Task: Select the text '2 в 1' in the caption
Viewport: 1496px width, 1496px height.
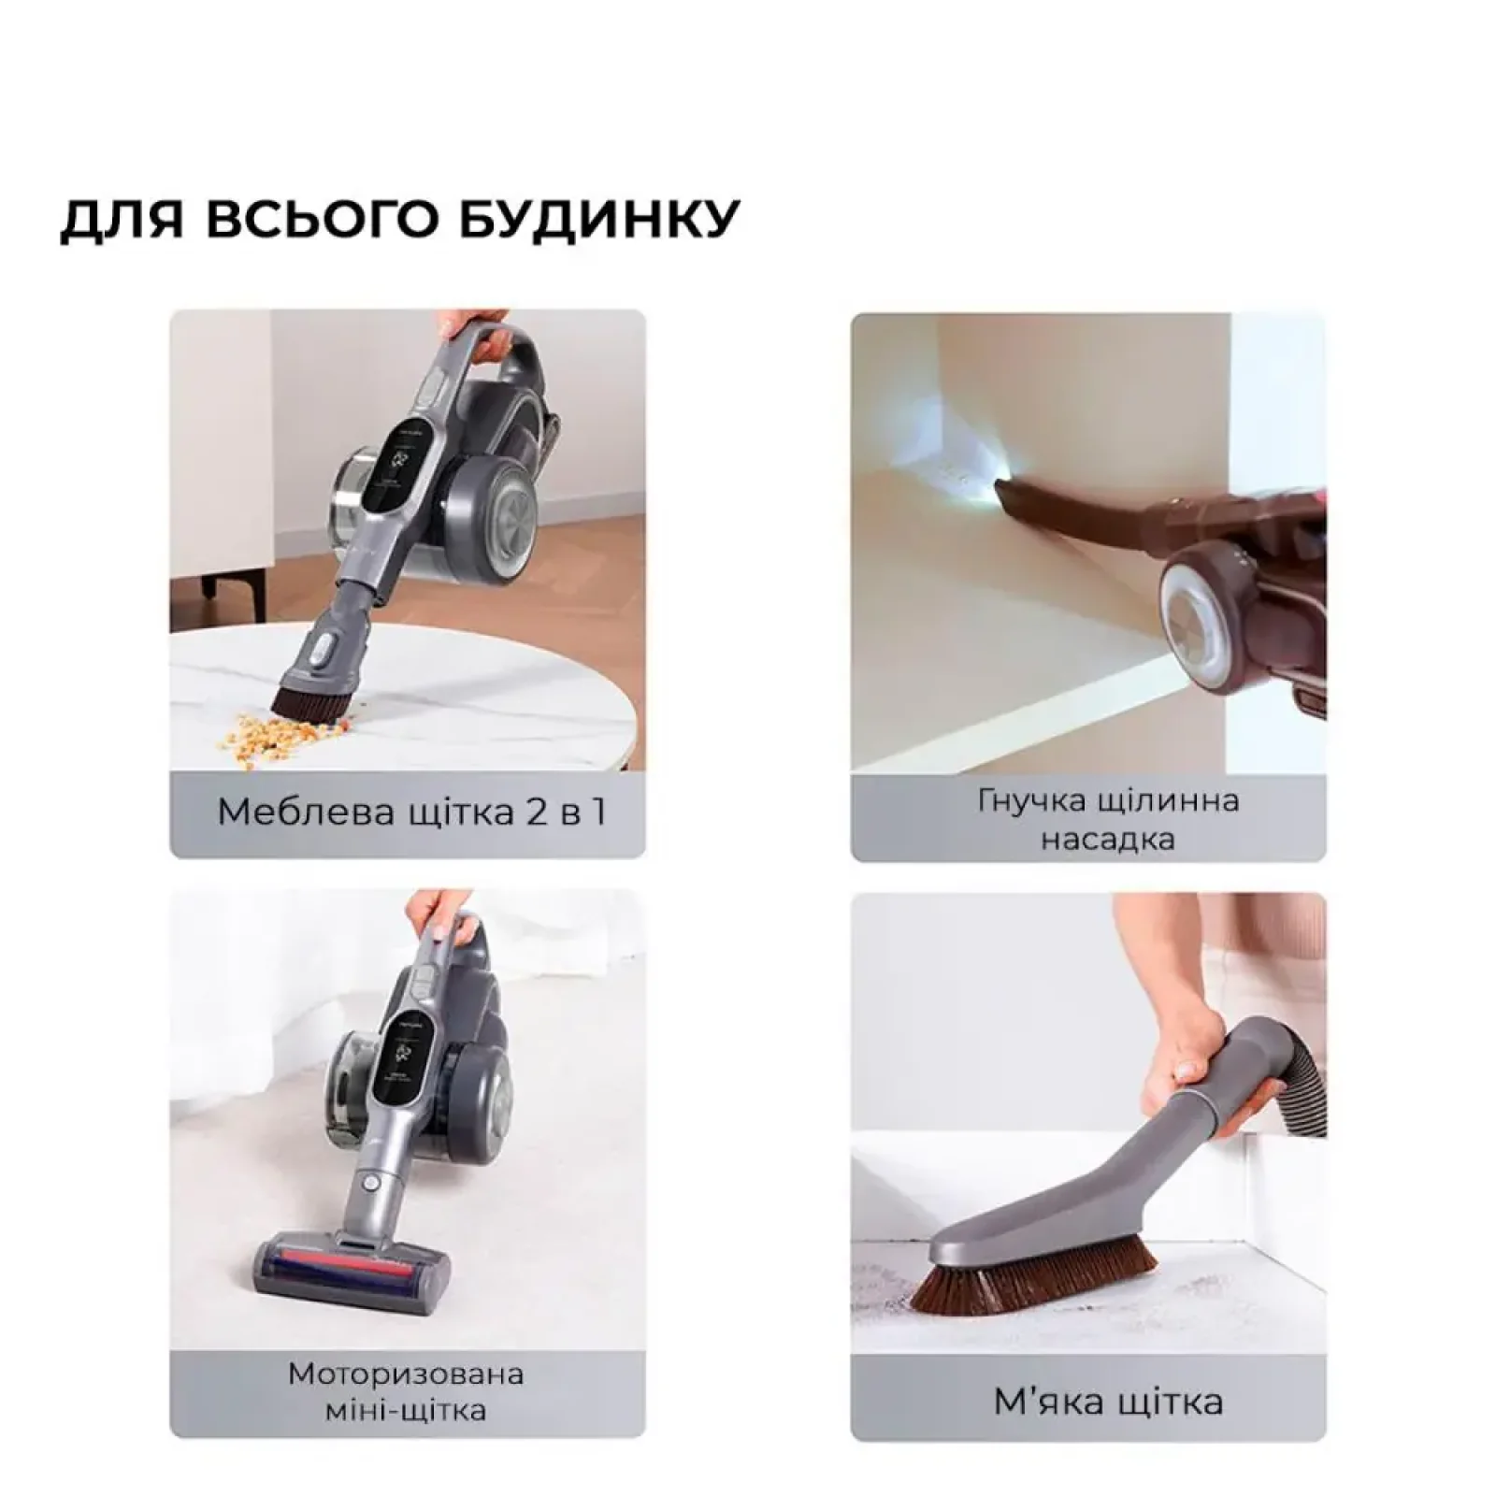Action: click(567, 812)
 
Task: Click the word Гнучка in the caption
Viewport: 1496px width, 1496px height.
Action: click(1030, 801)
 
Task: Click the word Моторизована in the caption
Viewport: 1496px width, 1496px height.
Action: click(406, 1374)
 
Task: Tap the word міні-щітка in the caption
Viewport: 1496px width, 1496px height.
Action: click(406, 1410)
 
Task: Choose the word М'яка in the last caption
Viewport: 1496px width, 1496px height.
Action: click(1037, 1402)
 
